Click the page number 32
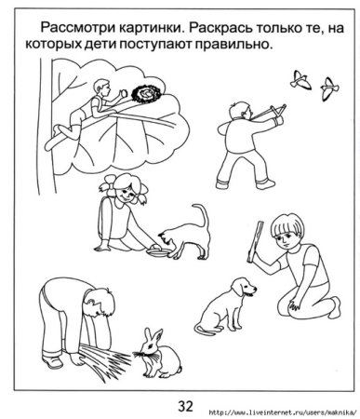(x=184, y=405)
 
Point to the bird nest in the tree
(x=146, y=95)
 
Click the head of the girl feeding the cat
(x=120, y=191)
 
